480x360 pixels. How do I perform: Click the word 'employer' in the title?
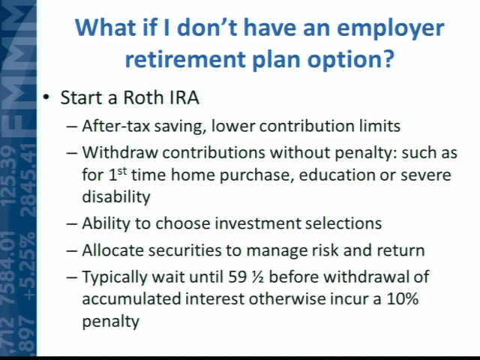[391, 28]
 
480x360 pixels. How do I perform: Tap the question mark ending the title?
[387, 58]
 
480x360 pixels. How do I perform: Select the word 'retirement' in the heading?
[185, 59]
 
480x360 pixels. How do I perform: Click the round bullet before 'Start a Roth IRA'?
[46, 97]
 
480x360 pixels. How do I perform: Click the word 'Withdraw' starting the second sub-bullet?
[120, 152]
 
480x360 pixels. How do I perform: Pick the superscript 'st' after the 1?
[122, 172]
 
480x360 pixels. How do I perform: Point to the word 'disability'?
[116, 196]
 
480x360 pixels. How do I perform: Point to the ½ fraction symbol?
[257, 277]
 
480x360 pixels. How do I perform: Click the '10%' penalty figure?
[403, 298]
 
